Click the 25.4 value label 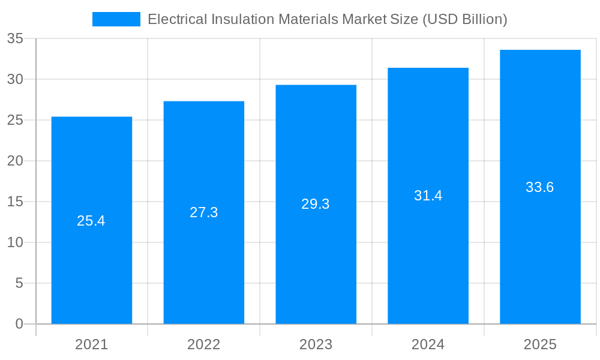(x=91, y=221)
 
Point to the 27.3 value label (x=203, y=212)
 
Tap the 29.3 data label (x=316, y=204)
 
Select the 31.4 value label (x=428, y=196)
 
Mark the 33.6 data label (x=540, y=187)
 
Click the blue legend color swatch (x=116, y=19)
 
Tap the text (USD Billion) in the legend (x=465, y=19)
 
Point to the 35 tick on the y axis (x=15, y=38)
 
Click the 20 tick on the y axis (x=15, y=161)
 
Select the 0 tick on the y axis (x=19, y=324)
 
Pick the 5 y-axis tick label (x=19, y=283)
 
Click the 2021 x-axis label (x=91, y=344)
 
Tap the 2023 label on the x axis (x=316, y=344)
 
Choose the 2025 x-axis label (x=540, y=344)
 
